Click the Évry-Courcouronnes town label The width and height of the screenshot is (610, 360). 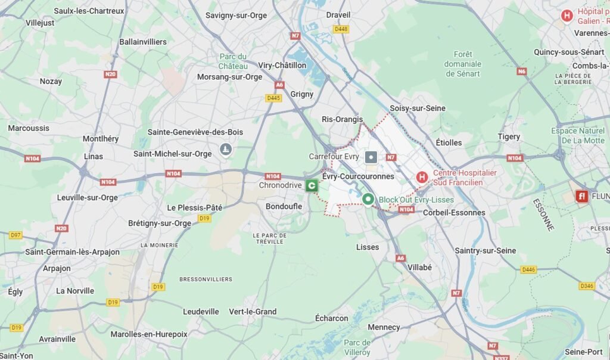(358, 176)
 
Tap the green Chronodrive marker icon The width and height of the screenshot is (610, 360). (311, 186)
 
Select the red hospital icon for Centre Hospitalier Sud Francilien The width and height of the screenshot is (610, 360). (422, 177)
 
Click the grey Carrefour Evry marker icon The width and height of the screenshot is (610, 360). (371, 157)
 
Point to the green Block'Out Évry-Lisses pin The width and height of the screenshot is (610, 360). (368, 200)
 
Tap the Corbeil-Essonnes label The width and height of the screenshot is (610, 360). (454, 212)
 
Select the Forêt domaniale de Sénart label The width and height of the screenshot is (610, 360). (463, 64)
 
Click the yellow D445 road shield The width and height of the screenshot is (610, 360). (273, 98)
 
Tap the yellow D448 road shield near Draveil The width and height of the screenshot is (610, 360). (341, 29)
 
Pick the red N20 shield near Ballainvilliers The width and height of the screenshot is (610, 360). (110, 75)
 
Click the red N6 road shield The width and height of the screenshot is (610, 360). (522, 72)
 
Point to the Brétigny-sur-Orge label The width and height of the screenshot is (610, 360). (160, 224)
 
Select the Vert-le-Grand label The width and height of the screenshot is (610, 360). (253, 311)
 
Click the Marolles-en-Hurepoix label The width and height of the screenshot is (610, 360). (149, 334)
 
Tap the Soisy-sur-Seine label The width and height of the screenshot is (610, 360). (417, 108)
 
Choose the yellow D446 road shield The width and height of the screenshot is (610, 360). (528, 269)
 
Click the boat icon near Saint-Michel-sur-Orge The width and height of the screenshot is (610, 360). (225, 148)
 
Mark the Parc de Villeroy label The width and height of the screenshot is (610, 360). (357, 347)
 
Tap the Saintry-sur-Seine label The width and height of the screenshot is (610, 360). (485, 250)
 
